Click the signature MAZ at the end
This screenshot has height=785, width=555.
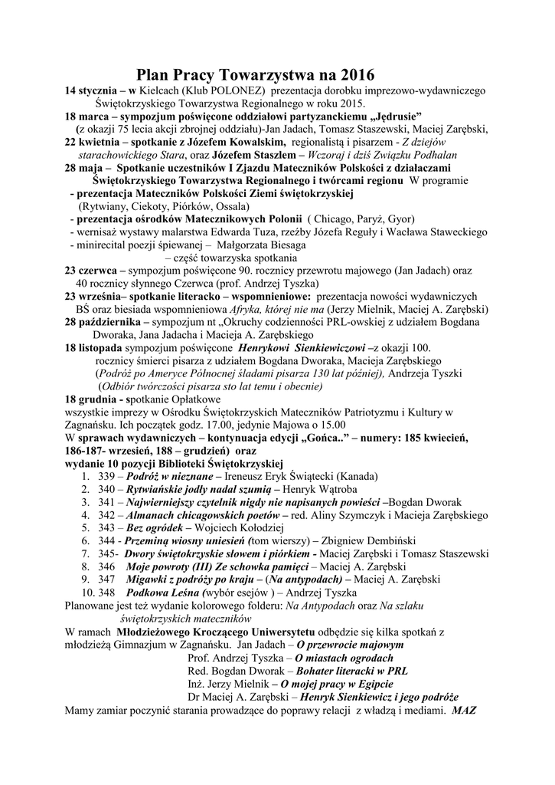coord(464,708)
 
